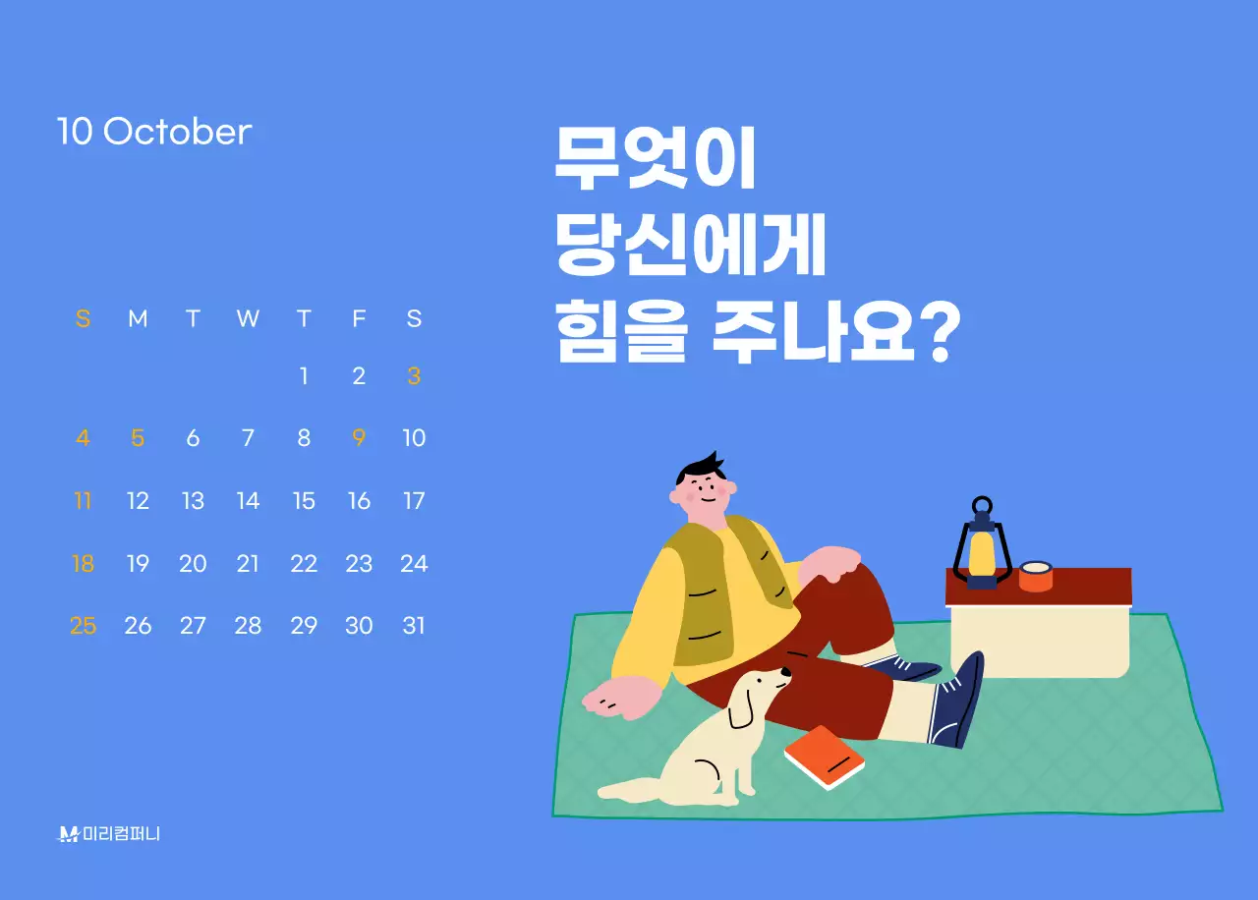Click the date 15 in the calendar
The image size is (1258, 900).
[x=304, y=501]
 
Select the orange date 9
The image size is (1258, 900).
[x=359, y=438]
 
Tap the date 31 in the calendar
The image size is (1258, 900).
[x=414, y=626]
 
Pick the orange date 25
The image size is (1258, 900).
[x=83, y=626]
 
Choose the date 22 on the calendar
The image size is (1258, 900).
[x=304, y=564]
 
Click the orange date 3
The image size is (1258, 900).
[x=414, y=376]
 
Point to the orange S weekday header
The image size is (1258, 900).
[x=83, y=318]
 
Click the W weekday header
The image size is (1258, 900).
[x=248, y=318]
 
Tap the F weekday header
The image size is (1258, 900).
[x=359, y=318]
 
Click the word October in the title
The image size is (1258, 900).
[x=177, y=132]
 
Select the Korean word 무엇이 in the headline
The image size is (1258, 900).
[x=654, y=160]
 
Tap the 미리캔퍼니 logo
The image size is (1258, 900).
[x=109, y=834]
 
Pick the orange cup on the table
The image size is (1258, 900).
[x=1035, y=576]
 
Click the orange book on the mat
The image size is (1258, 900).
[x=825, y=757]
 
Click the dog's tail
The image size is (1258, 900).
[x=629, y=788]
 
